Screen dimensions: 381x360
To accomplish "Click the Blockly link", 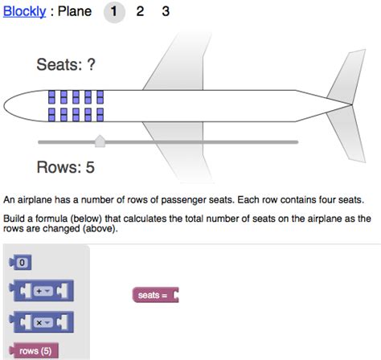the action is tap(24, 11).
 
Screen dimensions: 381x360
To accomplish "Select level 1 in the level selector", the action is tap(114, 12).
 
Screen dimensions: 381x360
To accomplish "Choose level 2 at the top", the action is tap(140, 11).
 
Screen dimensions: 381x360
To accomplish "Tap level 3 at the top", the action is tap(166, 11).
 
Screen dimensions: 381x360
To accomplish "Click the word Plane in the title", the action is tap(75, 11).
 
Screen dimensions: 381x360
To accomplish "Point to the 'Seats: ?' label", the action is tap(66, 64).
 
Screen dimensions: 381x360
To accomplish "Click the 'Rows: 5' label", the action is tap(66, 167).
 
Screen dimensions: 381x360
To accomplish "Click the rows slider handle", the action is tap(100, 141).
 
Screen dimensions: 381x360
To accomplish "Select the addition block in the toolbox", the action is tap(41, 291).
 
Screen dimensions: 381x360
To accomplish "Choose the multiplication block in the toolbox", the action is tap(41, 322).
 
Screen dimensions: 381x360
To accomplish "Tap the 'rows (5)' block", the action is tap(34, 350).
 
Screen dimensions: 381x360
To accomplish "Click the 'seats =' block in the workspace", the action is tap(155, 295).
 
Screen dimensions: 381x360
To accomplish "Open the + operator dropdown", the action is tap(43, 291).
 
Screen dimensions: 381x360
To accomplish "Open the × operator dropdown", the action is tap(43, 323).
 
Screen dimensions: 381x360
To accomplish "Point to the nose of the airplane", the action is tap(4, 105).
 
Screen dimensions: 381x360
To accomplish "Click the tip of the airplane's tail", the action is tap(351, 104).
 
